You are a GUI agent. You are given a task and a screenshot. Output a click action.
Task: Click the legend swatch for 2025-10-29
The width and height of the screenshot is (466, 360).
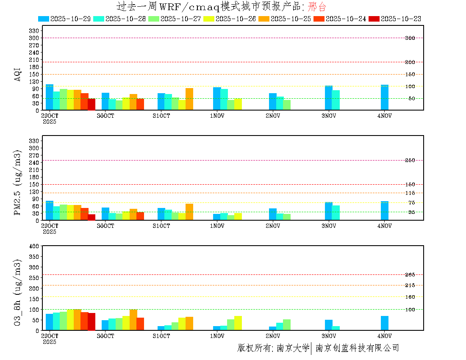(x=44, y=19)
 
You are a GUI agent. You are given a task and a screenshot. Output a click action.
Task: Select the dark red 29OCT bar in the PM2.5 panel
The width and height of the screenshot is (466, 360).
(x=92, y=217)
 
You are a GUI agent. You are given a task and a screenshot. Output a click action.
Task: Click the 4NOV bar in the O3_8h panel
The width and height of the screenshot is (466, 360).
(x=385, y=323)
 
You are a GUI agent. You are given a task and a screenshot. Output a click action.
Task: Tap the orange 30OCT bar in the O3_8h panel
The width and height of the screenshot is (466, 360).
(x=133, y=320)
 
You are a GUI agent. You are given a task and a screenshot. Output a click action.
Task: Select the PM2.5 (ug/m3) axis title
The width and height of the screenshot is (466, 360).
(x=18, y=183)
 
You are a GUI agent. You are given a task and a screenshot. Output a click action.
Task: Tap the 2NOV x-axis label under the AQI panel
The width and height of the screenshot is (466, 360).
(x=273, y=116)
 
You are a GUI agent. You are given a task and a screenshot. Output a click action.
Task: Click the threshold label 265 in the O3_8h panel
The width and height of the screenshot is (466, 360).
(x=410, y=275)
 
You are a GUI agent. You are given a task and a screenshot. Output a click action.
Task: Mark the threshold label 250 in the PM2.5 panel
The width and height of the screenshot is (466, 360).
(x=410, y=160)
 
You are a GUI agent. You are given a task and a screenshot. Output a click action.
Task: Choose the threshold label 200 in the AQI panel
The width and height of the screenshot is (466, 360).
(x=410, y=62)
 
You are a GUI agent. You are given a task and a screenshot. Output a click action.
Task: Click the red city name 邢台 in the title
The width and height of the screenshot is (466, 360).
(x=317, y=6)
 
